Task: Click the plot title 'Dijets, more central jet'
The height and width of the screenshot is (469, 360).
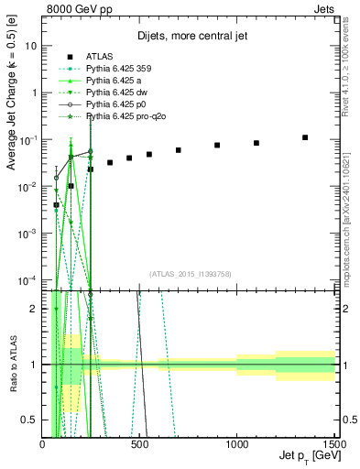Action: pyautogui.click(x=189, y=38)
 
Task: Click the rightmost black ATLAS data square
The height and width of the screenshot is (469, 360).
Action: pyautogui.click(x=305, y=137)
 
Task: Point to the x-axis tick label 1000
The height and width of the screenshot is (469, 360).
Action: pyautogui.click(x=237, y=444)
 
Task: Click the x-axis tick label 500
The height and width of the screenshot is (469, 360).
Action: pyautogui.click(x=140, y=444)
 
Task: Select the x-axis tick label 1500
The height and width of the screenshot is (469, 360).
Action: pyautogui.click(x=334, y=444)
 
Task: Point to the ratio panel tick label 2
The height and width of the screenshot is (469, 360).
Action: pyautogui.click(x=35, y=308)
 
